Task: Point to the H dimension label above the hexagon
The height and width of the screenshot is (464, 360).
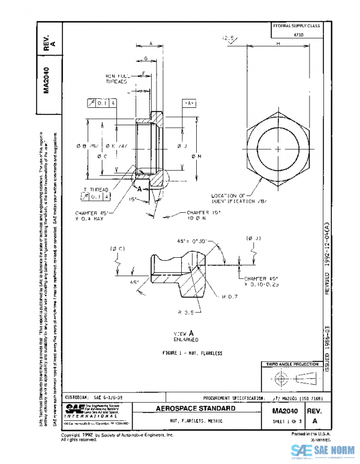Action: [x=279, y=44]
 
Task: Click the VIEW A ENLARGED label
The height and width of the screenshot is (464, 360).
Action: [x=182, y=335]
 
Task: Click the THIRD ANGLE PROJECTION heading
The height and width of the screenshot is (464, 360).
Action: [x=291, y=364]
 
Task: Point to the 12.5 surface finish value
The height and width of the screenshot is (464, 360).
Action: [x=229, y=39]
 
